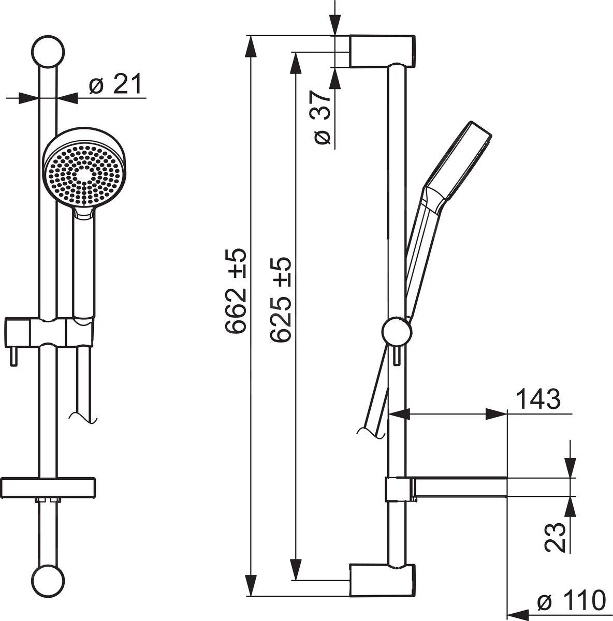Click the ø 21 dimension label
coord(114,84)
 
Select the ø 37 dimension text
coord(321,118)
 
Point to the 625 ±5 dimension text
coord(282,300)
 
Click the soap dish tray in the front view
coord(49,487)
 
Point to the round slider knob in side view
coord(397,330)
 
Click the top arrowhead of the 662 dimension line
coord(252,46)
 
